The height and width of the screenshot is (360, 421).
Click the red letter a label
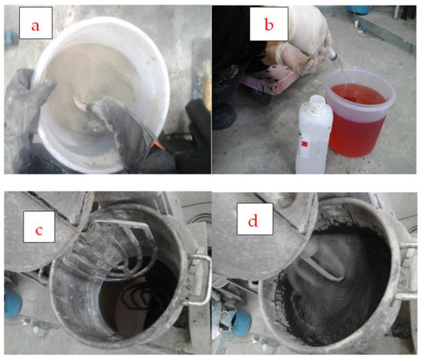[x=35, y=26]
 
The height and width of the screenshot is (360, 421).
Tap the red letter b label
[x=269, y=25]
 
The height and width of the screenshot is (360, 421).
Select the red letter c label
[x=39, y=231]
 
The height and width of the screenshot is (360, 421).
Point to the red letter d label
[x=253, y=221]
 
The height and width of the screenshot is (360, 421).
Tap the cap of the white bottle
[x=317, y=102]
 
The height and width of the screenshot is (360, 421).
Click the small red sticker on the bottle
[x=304, y=144]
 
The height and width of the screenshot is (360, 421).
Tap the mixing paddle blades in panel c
[x=113, y=248]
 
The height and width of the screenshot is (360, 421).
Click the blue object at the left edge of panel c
[x=12, y=303]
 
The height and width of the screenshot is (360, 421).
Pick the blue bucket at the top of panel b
[x=359, y=9]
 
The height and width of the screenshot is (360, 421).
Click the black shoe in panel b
[x=224, y=116]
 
